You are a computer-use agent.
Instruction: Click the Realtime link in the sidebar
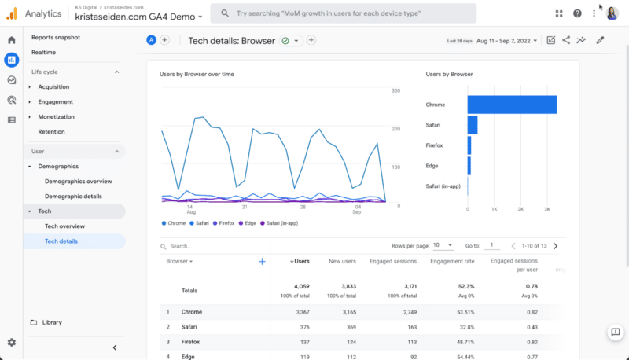click(x=44, y=52)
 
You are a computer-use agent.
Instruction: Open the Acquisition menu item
click(x=53, y=86)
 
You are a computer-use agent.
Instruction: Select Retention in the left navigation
click(x=51, y=132)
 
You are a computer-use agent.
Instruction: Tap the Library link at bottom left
click(x=52, y=322)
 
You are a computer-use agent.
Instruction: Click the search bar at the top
click(x=344, y=13)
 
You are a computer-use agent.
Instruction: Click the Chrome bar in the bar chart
click(x=511, y=105)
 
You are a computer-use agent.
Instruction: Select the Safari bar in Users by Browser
click(x=473, y=125)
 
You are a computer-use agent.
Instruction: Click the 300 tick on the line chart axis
click(x=396, y=90)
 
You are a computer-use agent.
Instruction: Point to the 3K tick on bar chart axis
click(x=547, y=209)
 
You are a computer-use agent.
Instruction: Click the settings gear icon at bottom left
click(x=12, y=343)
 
